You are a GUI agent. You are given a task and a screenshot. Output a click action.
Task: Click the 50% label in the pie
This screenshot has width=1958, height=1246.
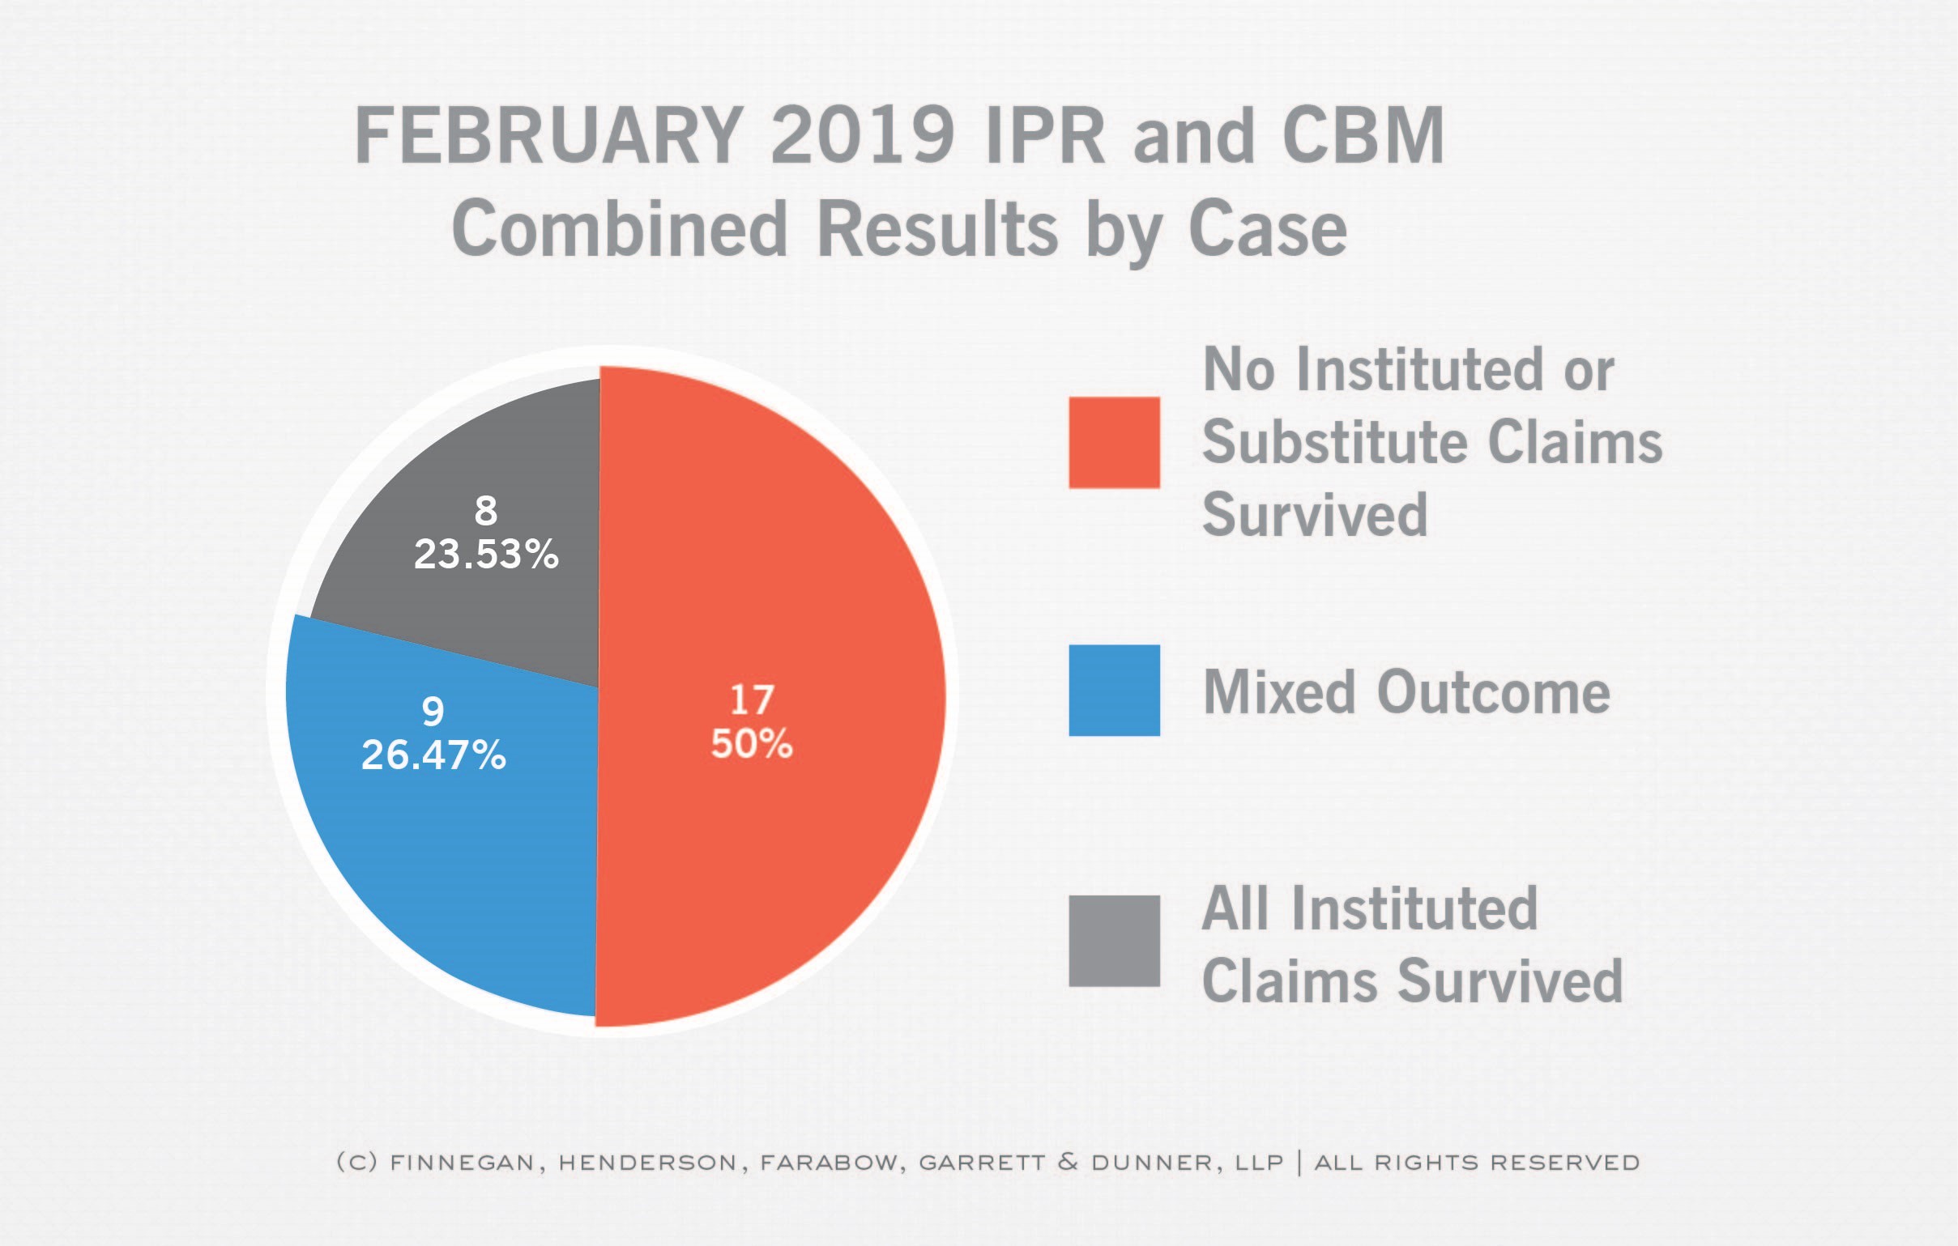pos(751,744)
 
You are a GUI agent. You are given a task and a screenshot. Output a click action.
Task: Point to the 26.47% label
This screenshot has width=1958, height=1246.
pos(433,755)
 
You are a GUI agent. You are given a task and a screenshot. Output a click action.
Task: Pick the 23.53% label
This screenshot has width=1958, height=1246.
pos(486,555)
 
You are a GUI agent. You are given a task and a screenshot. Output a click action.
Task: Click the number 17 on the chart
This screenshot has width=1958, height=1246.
pos(751,700)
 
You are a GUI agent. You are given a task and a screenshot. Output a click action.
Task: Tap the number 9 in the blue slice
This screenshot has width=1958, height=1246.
pos(433,712)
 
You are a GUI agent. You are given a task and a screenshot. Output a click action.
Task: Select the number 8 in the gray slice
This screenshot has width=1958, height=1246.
pos(486,511)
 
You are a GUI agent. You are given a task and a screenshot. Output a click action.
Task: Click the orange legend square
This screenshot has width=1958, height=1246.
pos(1114,443)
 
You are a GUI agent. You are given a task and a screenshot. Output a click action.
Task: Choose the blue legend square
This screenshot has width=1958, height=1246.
pos(1114,691)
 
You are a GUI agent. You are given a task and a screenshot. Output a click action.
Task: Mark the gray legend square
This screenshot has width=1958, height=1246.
pos(1114,942)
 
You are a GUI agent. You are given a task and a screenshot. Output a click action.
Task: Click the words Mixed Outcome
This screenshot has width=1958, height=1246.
pos(1406,692)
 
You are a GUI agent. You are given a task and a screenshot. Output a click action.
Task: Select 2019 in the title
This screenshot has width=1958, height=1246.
pos(863,136)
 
